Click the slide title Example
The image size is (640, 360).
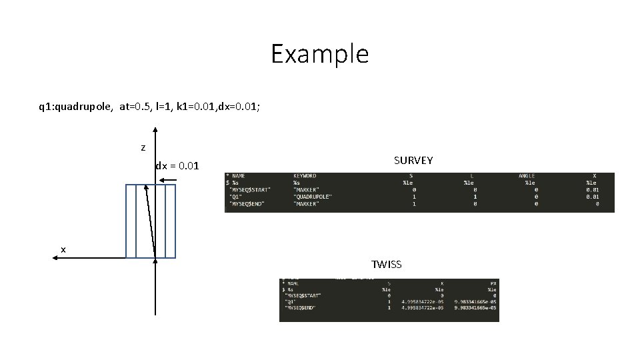(x=319, y=54)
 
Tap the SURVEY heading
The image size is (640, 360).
(x=413, y=161)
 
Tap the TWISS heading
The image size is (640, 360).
(x=387, y=265)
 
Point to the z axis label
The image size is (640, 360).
(x=143, y=147)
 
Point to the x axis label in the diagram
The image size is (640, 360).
(x=63, y=249)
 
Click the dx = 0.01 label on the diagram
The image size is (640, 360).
(x=177, y=165)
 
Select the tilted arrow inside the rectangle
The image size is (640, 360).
(x=151, y=220)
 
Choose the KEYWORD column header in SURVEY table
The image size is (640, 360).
(x=305, y=176)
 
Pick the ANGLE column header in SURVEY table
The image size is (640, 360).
(x=527, y=176)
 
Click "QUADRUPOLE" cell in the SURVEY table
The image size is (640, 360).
(x=313, y=197)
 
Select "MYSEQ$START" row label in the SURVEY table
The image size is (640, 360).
(x=250, y=190)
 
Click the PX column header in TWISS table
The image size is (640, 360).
(x=491, y=283)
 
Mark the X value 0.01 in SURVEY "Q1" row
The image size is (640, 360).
(x=592, y=197)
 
